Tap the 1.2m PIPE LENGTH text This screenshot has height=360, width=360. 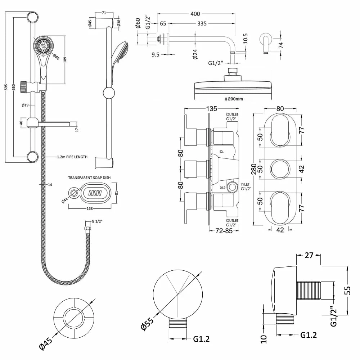tap(72, 157)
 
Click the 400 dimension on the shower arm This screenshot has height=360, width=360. tap(195, 14)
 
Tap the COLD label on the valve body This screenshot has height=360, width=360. tap(223, 188)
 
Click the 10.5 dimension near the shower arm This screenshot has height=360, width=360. tap(245, 38)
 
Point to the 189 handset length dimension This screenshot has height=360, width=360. tap(65, 59)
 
